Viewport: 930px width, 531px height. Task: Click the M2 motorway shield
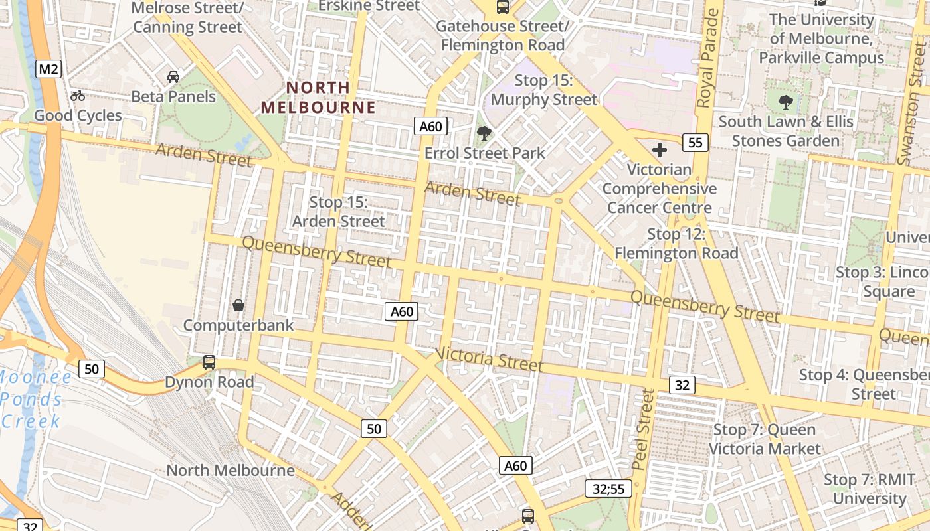pyautogui.click(x=49, y=68)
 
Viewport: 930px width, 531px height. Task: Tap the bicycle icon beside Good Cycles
pyautogui.click(x=78, y=96)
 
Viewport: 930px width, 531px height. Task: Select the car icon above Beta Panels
pyautogui.click(x=173, y=77)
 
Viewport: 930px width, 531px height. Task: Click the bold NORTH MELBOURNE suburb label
pyautogui.click(x=318, y=97)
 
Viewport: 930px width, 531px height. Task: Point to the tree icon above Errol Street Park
pyautogui.click(x=484, y=133)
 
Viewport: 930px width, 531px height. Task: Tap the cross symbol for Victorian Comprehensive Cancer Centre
pyautogui.click(x=659, y=150)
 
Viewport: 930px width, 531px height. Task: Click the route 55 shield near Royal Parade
pyautogui.click(x=695, y=142)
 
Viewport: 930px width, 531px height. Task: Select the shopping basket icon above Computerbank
pyautogui.click(x=238, y=305)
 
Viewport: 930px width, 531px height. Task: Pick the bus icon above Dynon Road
pyautogui.click(x=209, y=362)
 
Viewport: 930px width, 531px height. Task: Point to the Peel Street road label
pyautogui.click(x=643, y=429)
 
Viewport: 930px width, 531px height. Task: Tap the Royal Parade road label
pyautogui.click(x=708, y=59)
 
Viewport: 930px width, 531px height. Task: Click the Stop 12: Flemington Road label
pyautogui.click(x=676, y=243)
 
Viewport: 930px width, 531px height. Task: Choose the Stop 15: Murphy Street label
pyautogui.click(x=544, y=90)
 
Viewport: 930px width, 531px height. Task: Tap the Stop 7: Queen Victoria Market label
pyautogui.click(x=765, y=439)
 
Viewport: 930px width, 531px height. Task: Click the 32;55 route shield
pyautogui.click(x=608, y=489)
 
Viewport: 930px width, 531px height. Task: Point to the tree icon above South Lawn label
pyautogui.click(x=786, y=102)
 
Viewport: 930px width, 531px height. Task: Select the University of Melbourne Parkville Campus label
pyautogui.click(x=822, y=38)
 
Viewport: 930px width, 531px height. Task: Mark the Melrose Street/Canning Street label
pyautogui.click(x=187, y=17)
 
